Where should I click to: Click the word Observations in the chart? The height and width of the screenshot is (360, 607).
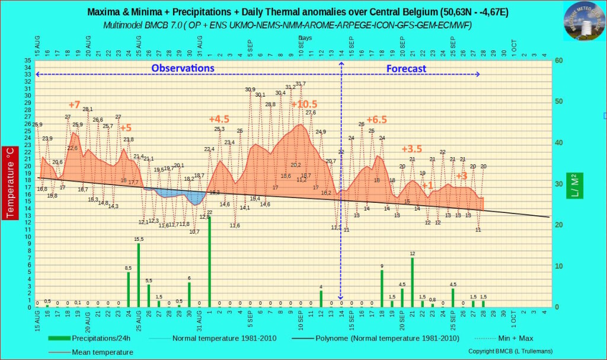click(x=183, y=68)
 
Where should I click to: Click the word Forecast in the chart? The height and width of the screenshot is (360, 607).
click(x=406, y=69)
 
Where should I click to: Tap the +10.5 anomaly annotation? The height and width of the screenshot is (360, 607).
click(x=303, y=105)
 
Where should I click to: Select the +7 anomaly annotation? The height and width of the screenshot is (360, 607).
click(x=74, y=106)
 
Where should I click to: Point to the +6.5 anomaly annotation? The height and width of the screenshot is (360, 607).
click(x=376, y=119)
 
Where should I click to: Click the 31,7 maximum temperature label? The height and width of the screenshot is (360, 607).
click(x=301, y=84)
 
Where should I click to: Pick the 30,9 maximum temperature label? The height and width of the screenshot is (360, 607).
click(x=250, y=90)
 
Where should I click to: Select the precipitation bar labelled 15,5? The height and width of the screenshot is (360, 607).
click(x=139, y=275)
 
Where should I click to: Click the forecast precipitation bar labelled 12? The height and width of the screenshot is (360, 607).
click(x=412, y=282)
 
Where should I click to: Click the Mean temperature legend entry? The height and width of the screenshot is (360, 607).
click(x=102, y=352)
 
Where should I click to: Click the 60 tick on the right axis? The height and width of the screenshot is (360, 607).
click(x=558, y=60)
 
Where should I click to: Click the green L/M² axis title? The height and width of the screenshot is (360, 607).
click(x=574, y=185)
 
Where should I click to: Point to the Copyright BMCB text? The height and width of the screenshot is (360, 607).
click(x=510, y=351)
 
